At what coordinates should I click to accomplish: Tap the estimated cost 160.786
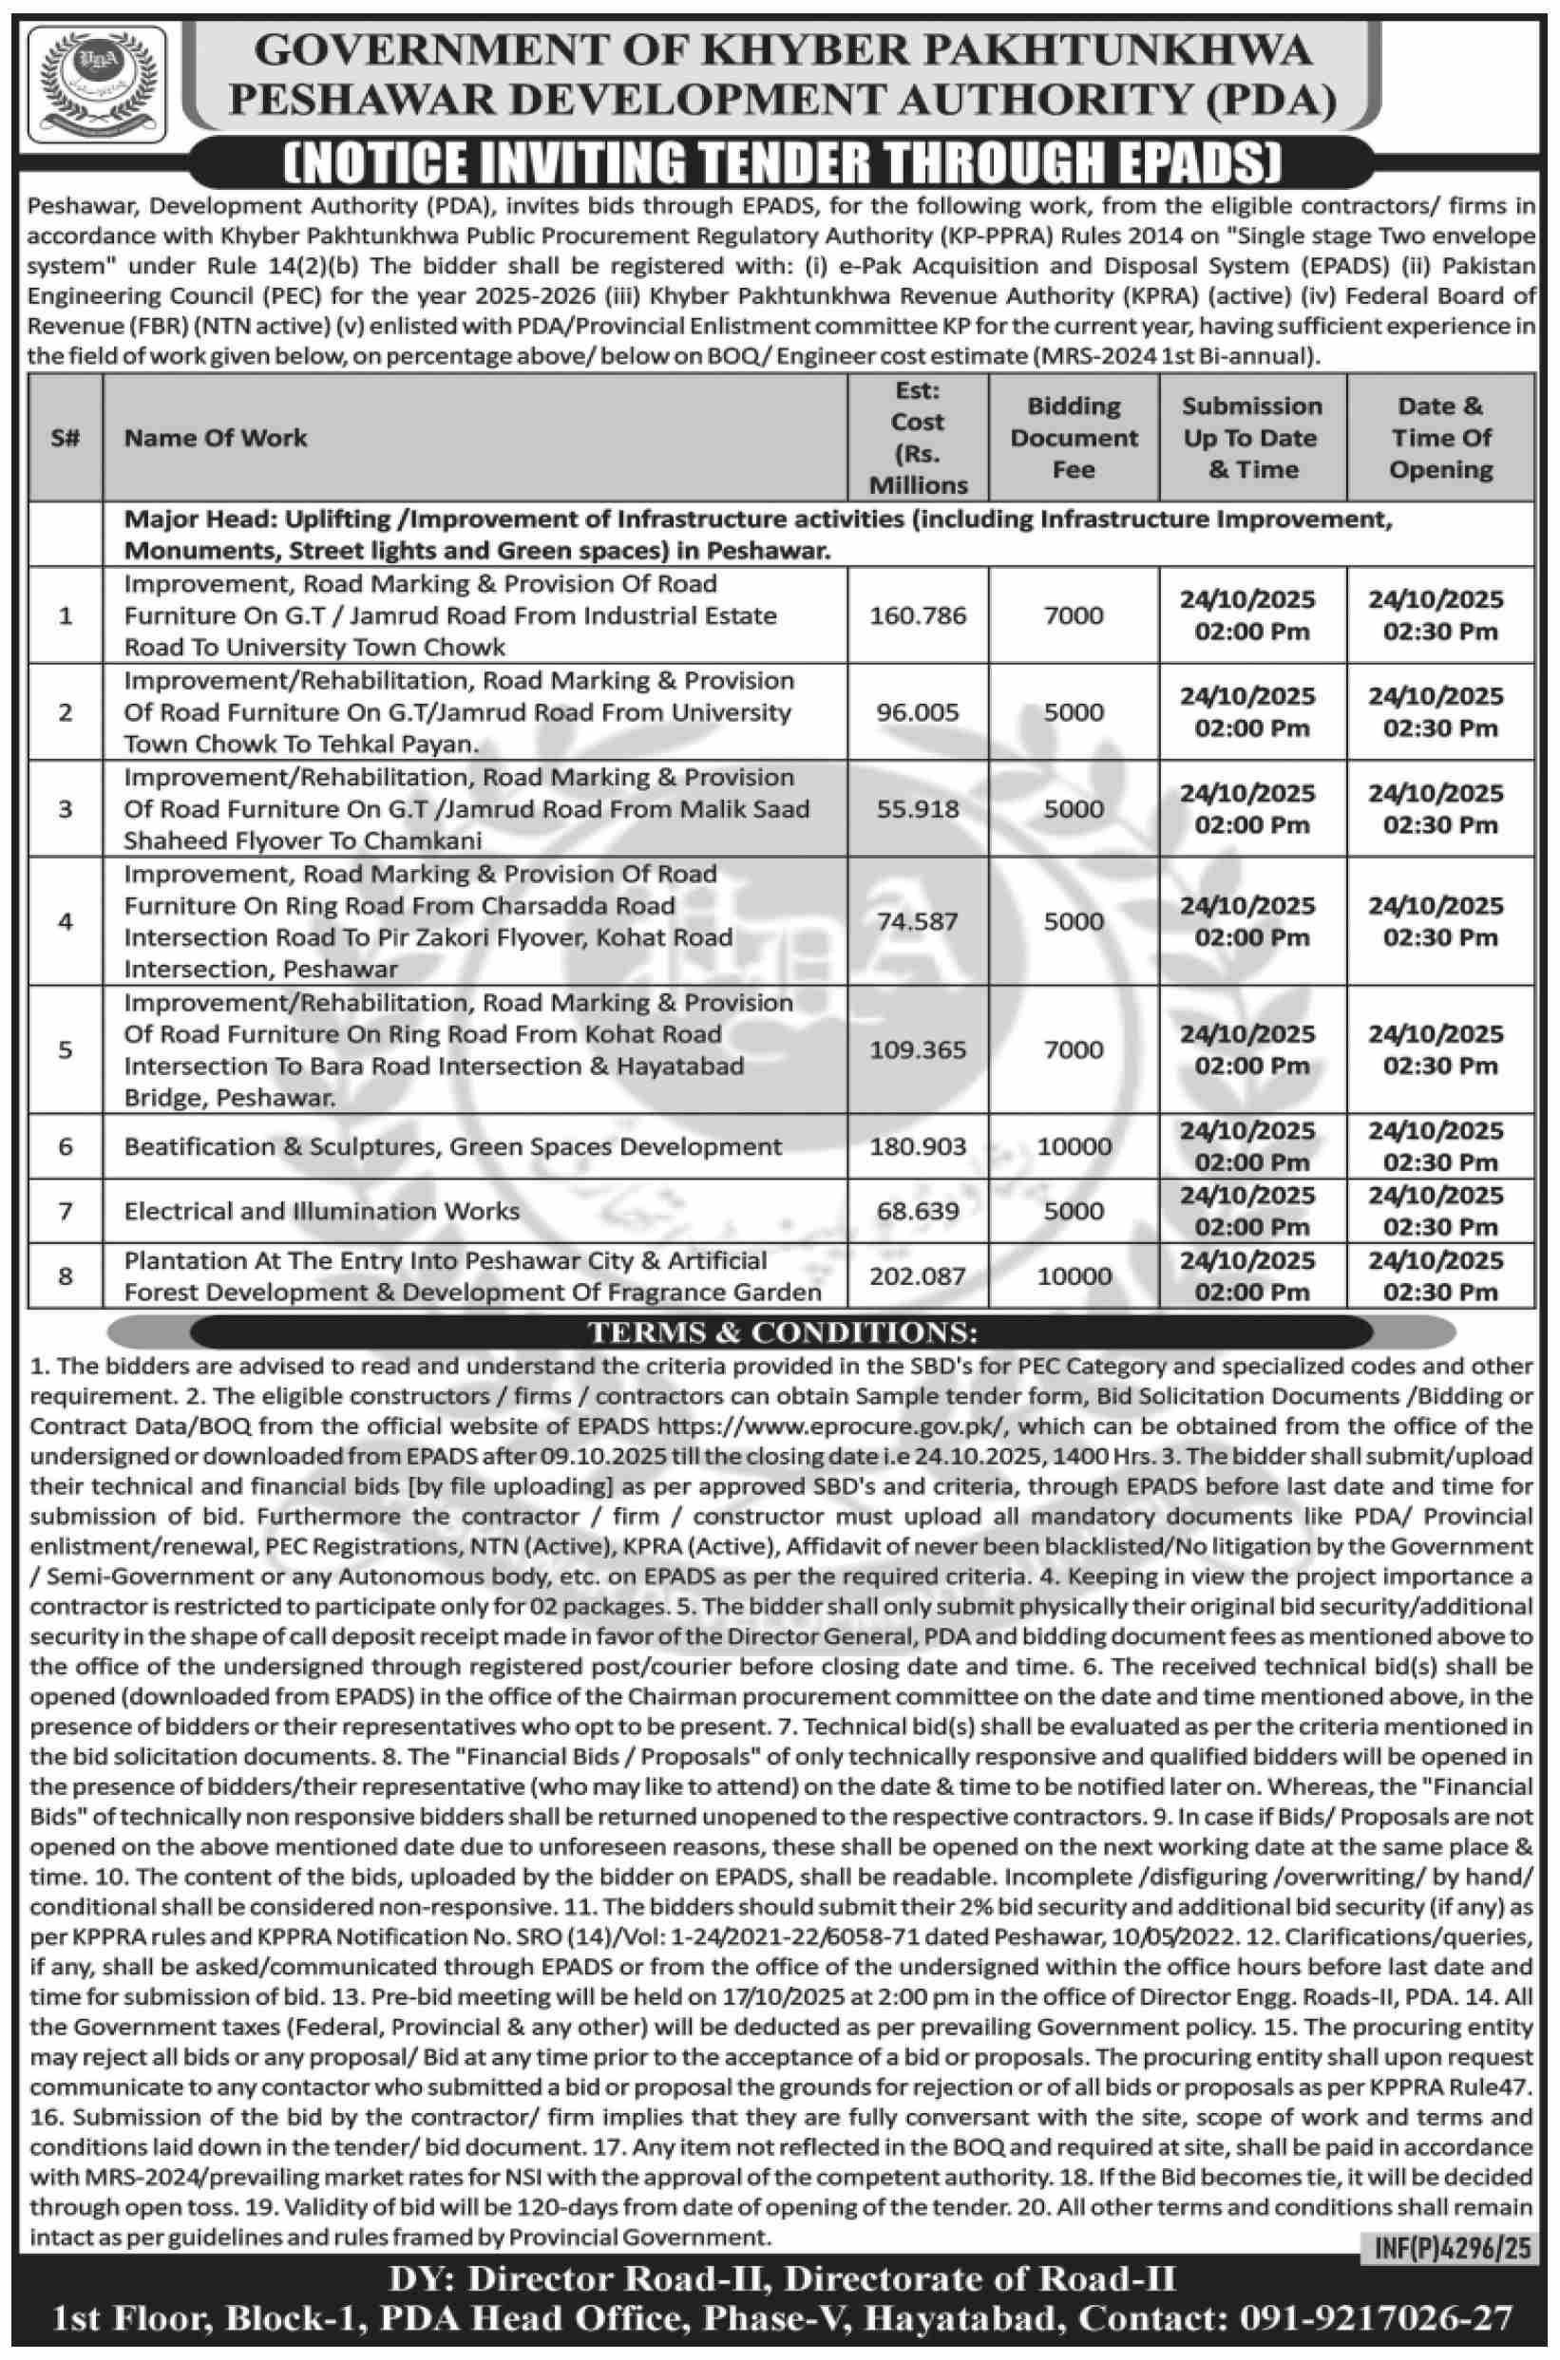(918, 615)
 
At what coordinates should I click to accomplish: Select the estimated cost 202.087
(918, 1276)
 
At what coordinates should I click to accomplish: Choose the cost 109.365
(918, 1049)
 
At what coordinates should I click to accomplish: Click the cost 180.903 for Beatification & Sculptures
(918, 1146)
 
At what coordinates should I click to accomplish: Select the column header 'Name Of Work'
(216, 438)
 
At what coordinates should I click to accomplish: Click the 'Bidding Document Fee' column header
(1074, 438)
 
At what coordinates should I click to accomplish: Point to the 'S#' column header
(66, 438)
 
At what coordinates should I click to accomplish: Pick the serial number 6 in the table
(66, 1146)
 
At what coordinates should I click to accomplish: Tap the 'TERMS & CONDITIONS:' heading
(783, 1331)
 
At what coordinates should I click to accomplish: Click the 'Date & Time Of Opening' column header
(1439, 438)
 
